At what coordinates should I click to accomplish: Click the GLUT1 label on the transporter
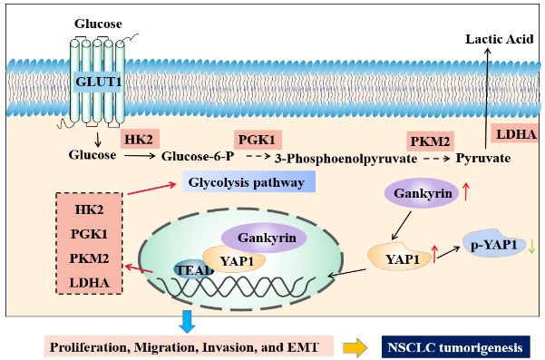click(x=98, y=82)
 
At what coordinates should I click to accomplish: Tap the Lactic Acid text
click(x=499, y=39)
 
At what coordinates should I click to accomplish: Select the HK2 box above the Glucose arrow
click(x=140, y=139)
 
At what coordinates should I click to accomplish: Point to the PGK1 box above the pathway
click(x=258, y=140)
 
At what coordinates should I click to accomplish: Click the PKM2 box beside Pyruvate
click(x=431, y=141)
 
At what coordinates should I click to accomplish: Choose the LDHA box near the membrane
click(x=516, y=134)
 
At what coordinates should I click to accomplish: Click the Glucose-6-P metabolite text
click(x=198, y=156)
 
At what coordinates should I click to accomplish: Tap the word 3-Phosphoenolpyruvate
click(x=345, y=159)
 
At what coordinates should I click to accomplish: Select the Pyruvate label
click(x=483, y=158)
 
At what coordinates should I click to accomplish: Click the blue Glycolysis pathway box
click(x=248, y=181)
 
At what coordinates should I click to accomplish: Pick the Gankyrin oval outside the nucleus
click(x=422, y=193)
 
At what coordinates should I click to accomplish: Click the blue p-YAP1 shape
click(x=494, y=243)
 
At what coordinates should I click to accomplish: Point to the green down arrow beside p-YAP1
click(x=531, y=247)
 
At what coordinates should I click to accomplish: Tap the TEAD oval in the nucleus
click(x=193, y=269)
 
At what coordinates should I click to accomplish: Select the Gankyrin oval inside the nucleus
click(x=265, y=238)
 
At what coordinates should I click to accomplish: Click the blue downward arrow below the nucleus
click(x=187, y=321)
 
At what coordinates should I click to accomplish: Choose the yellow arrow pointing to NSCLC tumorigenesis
click(x=355, y=348)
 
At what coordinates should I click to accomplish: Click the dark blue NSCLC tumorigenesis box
click(x=455, y=347)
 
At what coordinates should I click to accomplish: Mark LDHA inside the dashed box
click(x=90, y=283)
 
